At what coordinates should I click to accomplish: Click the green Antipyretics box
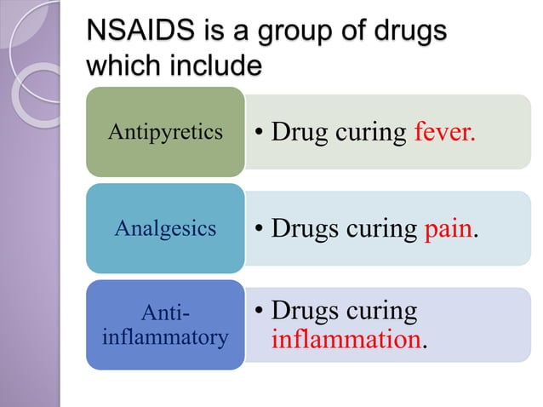pyautogui.click(x=165, y=132)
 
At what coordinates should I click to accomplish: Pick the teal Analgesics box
pyautogui.click(x=165, y=228)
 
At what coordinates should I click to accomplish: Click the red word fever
pyautogui.click(x=444, y=134)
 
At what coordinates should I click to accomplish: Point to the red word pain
pyautogui.click(x=447, y=229)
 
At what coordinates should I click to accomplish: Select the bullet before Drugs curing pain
pyautogui.click(x=259, y=229)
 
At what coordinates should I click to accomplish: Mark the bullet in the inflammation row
pyautogui.click(x=259, y=312)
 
